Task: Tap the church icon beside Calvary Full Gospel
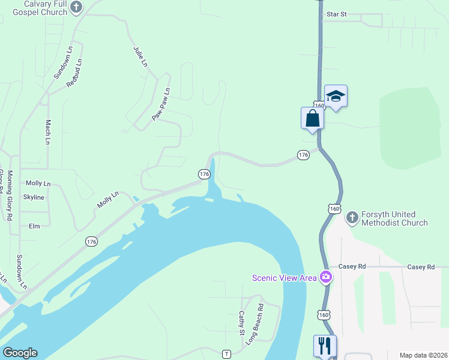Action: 76,7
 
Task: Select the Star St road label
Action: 337,14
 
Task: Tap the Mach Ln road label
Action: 48,132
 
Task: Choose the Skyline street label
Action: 34,197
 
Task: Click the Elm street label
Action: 34,226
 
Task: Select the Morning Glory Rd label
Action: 10,196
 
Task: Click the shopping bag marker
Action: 312,117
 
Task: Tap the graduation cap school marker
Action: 336,96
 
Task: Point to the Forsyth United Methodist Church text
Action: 394,218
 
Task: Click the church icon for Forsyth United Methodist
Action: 352,216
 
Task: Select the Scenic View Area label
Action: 285,277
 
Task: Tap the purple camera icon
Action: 326,277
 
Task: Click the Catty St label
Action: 242,323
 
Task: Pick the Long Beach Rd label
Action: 256,324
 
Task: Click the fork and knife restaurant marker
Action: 325,345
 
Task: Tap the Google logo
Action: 20,353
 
